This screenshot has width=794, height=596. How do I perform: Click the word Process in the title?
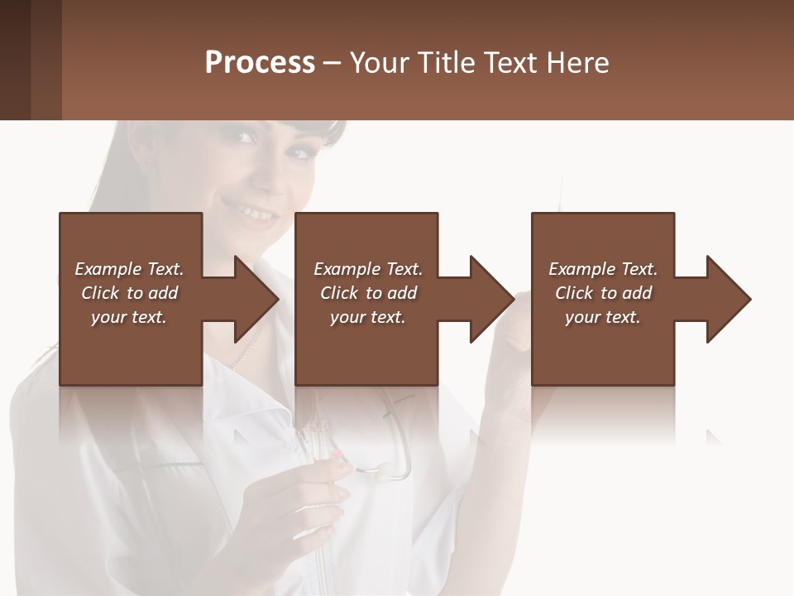[x=260, y=63]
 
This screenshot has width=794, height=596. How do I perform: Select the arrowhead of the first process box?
[x=256, y=299]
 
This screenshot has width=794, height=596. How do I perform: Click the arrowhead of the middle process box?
[x=492, y=299]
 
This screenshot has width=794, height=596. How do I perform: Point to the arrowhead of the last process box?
[x=729, y=299]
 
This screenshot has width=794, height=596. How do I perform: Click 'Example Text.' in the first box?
[x=129, y=269]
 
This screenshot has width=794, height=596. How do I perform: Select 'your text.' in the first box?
[x=129, y=317]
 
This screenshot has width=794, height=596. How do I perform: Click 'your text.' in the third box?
[x=603, y=317]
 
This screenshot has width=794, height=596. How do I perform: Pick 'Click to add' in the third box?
[x=603, y=293]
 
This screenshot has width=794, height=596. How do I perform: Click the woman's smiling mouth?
[x=259, y=213]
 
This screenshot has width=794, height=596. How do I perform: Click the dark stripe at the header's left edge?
[x=15, y=60]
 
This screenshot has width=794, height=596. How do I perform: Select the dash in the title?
[x=332, y=63]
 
